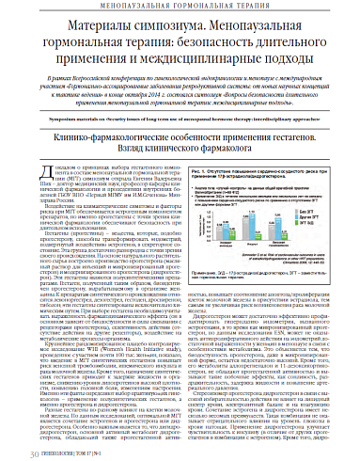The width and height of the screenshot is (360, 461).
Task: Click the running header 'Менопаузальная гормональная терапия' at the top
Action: coord(180,6)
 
